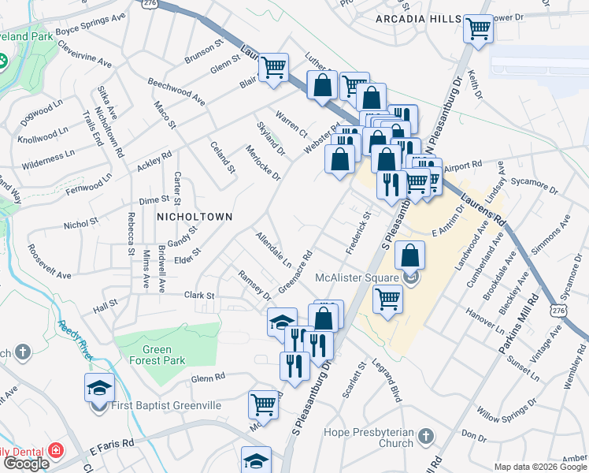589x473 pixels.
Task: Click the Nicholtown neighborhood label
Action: [x=194, y=216]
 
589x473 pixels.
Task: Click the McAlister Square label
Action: [x=358, y=277]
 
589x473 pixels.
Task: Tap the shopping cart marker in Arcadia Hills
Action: [x=479, y=30]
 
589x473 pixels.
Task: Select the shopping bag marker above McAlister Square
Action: [x=410, y=255]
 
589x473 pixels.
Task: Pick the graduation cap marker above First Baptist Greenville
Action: [x=100, y=388]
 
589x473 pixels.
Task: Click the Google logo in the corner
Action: [x=26, y=464]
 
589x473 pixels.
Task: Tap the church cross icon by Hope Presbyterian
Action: [x=426, y=436]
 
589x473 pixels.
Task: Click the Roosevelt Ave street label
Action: [x=49, y=261]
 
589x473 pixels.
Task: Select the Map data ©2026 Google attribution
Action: [x=541, y=467]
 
